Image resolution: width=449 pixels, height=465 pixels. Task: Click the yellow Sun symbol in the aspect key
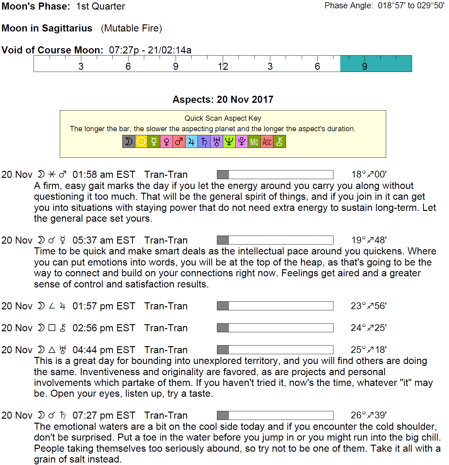coord(141,142)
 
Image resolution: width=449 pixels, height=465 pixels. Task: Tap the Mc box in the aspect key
coord(254,142)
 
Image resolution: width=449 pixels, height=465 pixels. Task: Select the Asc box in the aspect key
coord(267,142)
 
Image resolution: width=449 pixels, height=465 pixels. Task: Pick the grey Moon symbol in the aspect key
coord(129,142)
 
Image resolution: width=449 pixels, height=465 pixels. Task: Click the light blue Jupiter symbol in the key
coord(191,142)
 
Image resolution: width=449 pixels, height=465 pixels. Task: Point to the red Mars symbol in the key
coord(179,142)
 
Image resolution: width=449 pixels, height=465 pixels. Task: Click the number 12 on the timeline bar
coord(223,66)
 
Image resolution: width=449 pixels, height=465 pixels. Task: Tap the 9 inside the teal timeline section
coord(365,66)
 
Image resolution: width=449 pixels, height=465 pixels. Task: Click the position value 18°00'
coord(369,174)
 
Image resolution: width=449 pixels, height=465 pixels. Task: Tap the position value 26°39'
coord(369,415)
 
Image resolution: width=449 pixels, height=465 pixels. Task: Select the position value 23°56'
coord(369,306)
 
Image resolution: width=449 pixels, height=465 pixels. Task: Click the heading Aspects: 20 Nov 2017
coord(223,99)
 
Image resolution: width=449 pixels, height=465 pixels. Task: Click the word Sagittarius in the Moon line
coord(67,28)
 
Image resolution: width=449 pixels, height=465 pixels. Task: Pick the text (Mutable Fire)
coord(131,28)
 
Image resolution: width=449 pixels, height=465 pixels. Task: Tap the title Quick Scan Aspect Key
coord(223,118)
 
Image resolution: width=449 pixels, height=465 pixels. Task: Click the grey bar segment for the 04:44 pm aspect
coord(223,350)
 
